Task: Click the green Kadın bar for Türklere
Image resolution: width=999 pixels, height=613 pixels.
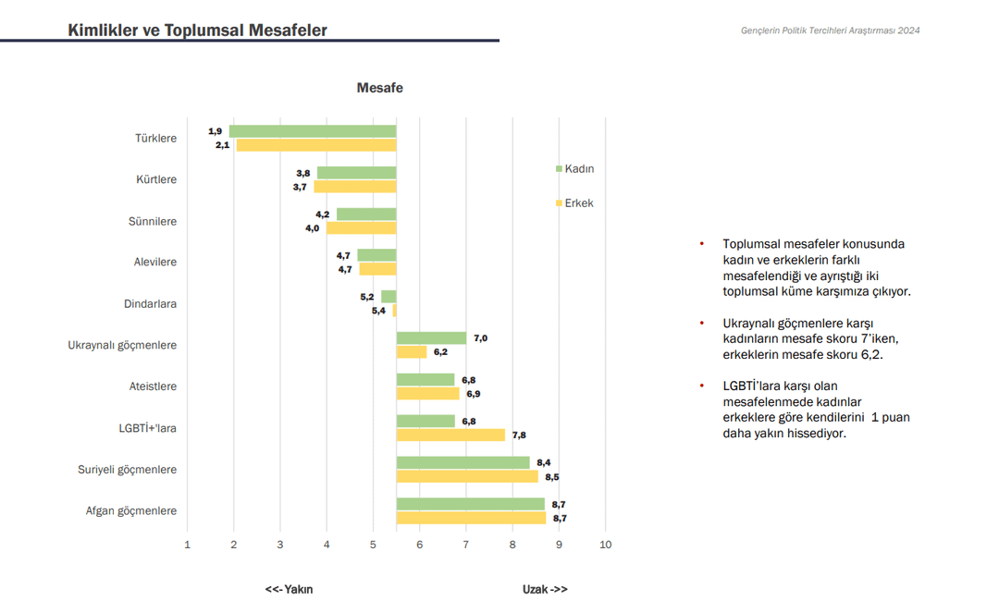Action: click(x=313, y=131)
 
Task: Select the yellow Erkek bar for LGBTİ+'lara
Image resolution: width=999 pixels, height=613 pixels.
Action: click(x=450, y=435)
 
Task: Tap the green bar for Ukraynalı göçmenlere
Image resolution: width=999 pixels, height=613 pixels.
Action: click(x=431, y=338)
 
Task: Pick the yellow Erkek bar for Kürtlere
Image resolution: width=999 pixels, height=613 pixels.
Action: click(x=355, y=187)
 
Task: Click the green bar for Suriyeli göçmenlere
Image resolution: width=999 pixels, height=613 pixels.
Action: click(x=462, y=462)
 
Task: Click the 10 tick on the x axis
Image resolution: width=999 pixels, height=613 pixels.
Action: click(x=605, y=545)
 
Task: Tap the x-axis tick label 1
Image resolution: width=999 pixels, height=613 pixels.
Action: click(x=188, y=545)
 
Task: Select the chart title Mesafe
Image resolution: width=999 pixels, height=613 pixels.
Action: click(x=380, y=88)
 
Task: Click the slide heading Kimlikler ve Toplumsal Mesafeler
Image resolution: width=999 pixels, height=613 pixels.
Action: click(x=197, y=31)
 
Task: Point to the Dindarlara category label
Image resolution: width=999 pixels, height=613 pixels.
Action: click(x=150, y=303)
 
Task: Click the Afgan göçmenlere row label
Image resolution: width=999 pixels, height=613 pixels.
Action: click(x=130, y=510)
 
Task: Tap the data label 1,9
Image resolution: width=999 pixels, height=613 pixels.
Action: click(x=216, y=131)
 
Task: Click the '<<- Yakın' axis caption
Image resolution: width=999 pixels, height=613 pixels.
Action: click(x=289, y=589)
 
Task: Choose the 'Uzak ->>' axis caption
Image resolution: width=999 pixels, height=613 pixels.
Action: click(x=545, y=589)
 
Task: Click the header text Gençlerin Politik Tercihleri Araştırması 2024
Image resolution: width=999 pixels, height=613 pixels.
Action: click(x=830, y=31)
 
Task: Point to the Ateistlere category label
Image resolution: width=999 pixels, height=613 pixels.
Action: click(x=153, y=386)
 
